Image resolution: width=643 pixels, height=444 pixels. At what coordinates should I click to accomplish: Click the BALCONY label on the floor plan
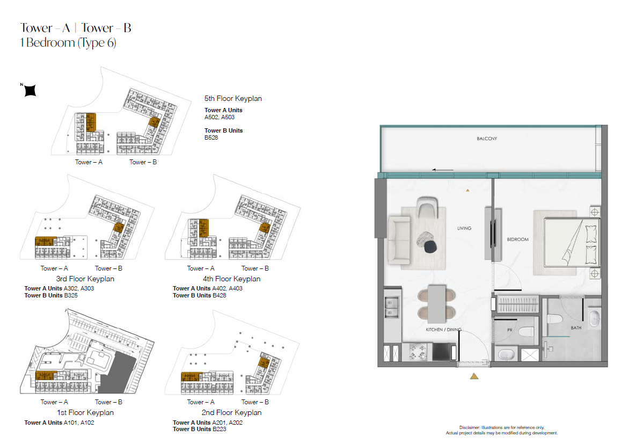pos(487,139)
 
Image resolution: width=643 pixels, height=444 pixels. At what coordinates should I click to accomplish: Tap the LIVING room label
pos(464,228)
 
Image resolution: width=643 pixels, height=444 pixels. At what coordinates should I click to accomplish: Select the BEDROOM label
pos(517,239)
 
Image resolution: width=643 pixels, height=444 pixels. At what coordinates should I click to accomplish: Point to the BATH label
pos(576,328)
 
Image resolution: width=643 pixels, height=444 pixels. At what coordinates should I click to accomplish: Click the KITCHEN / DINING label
pos(443,330)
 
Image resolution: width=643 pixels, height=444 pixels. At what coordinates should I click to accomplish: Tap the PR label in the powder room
pos(510,330)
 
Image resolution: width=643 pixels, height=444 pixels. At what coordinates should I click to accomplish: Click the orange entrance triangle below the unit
pos(474,376)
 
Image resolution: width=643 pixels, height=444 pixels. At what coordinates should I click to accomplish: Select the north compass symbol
pos(29,90)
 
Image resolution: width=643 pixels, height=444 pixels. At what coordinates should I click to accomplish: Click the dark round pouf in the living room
pos(430,246)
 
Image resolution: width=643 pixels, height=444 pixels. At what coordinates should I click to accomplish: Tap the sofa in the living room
pos(399,239)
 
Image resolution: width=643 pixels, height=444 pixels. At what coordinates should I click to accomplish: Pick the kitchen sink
pos(391,308)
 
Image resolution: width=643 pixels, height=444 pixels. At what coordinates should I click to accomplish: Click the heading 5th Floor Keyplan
pos(233,98)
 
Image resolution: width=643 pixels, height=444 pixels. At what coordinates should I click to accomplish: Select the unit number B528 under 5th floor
pos(211,137)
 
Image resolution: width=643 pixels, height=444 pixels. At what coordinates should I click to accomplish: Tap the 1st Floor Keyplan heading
pos(85,412)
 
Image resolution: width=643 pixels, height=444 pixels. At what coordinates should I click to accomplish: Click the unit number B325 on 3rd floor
pos(71,295)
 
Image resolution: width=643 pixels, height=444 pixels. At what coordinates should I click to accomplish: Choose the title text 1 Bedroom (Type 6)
pos(68,42)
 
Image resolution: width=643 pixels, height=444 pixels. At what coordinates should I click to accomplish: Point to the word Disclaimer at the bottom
pos(470,427)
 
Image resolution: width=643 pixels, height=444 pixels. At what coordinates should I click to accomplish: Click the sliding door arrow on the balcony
pos(442,170)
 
